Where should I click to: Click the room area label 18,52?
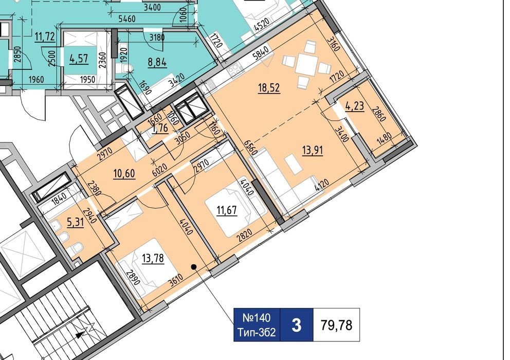click(x=269, y=88)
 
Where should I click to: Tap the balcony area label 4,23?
click(x=355, y=106)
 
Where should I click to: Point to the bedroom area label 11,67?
click(x=227, y=210)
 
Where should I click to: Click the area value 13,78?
click(x=153, y=259)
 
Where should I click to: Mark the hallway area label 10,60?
click(x=124, y=173)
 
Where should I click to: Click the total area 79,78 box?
click(x=336, y=325)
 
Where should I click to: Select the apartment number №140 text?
click(x=257, y=317)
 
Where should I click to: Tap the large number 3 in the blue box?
click(x=296, y=325)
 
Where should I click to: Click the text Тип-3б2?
click(x=257, y=332)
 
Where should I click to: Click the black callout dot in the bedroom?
click(x=193, y=267)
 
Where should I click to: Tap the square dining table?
click(x=306, y=65)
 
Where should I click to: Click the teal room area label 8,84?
click(x=157, y=62)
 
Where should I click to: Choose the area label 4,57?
click(x=79, y=59)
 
